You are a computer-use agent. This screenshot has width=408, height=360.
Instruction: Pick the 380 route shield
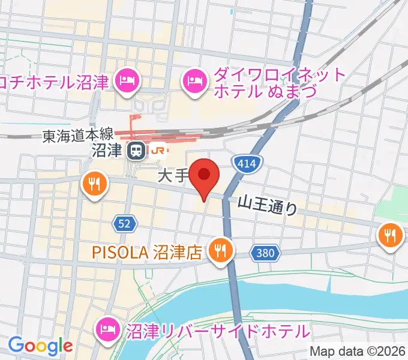(x=265, y=253)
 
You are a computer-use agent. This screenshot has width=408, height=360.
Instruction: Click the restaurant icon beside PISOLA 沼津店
(x=220, y=250)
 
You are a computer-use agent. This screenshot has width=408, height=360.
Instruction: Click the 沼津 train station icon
(x=136, y=151)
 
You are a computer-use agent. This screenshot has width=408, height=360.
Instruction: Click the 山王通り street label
(x=268, y=206)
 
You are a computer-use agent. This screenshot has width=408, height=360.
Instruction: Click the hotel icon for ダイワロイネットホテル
(x=195, y=79)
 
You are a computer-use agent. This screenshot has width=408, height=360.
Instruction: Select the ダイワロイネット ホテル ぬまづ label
(x=280, y=84)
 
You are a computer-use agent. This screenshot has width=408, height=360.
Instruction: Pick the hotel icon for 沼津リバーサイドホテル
(x=108, y=328)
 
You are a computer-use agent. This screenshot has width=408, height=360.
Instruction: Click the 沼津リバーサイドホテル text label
(x=217, y=330)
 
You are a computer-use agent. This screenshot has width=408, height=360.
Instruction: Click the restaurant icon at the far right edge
(x=391, y=234)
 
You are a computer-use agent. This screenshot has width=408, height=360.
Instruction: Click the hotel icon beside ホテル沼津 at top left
(x=127, y=79)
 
